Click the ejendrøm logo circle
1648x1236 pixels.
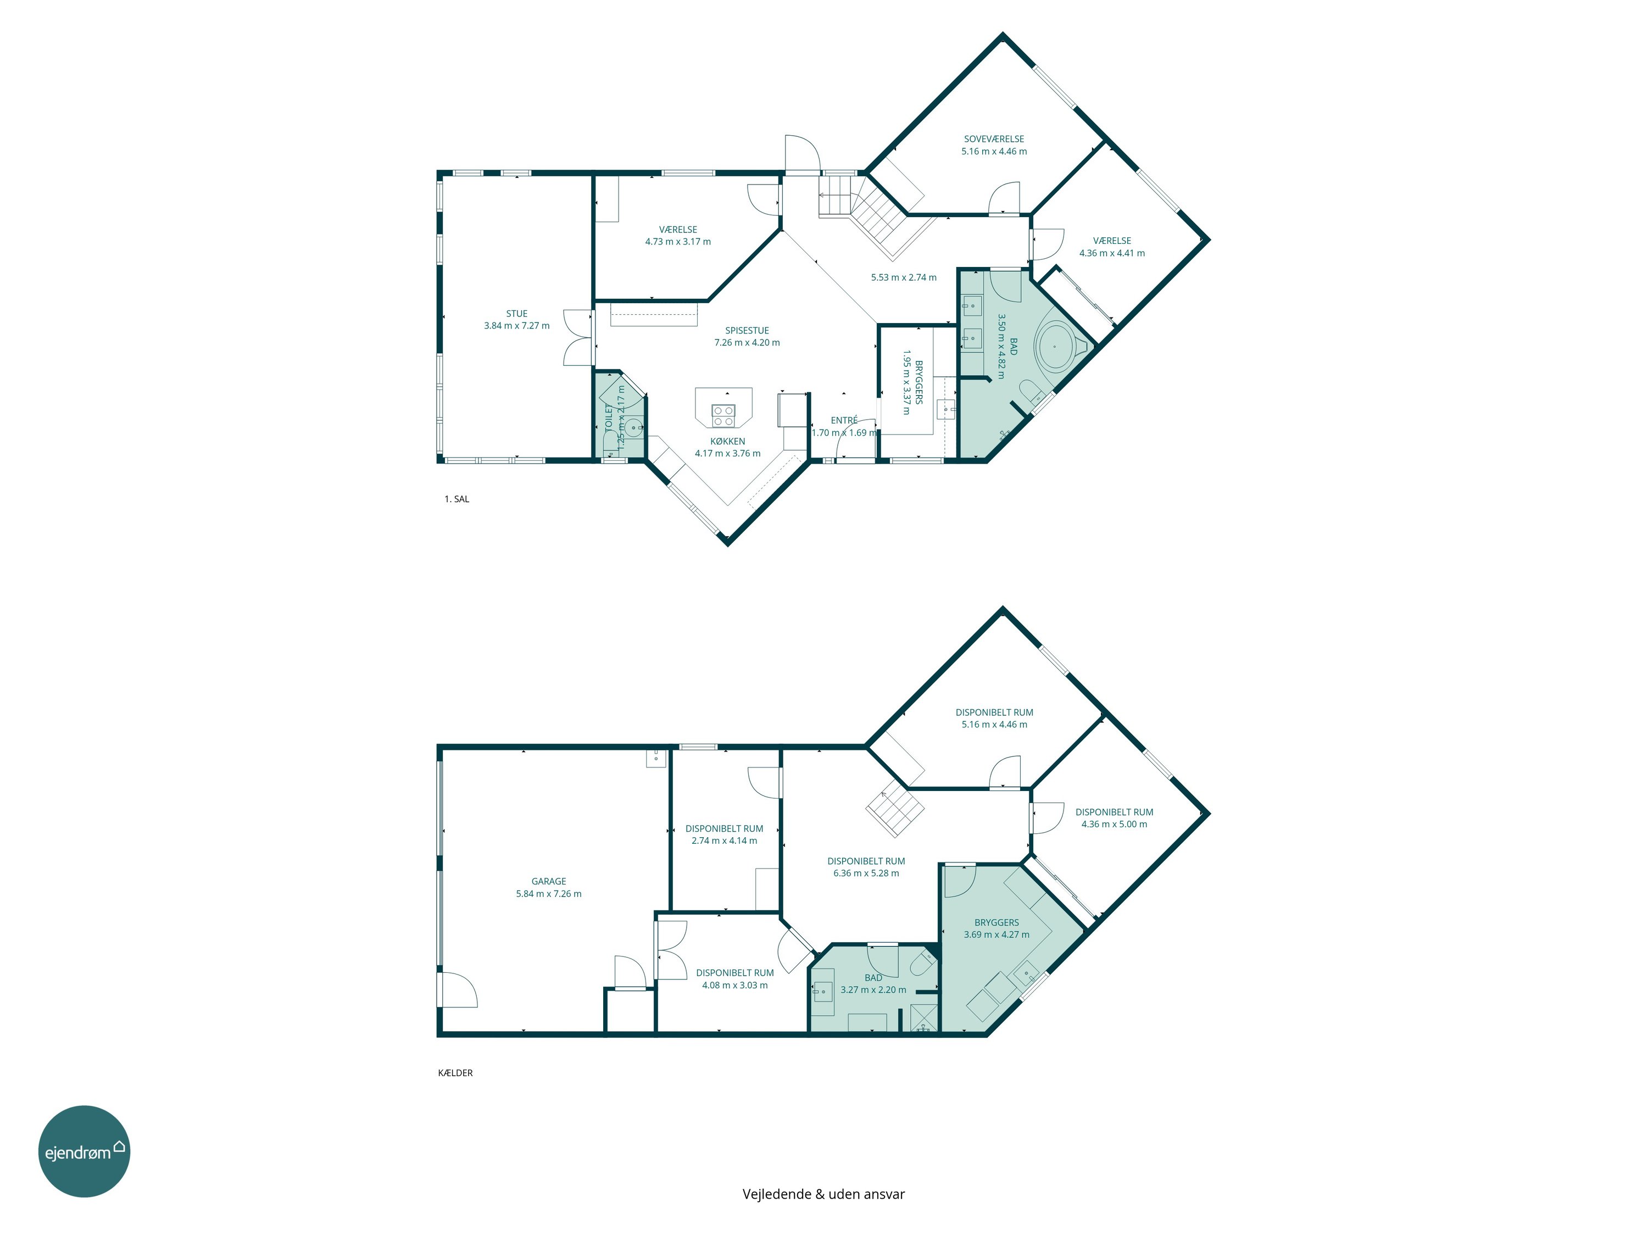pos(84,1151)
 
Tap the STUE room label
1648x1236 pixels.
pos(517,314)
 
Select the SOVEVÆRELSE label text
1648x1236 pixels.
pos(994,138)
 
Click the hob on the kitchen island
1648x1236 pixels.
pos(723,415)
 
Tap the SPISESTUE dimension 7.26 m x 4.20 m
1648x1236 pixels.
pos(747,343)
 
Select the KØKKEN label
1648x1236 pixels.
pos(728,441)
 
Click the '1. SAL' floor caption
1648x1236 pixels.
pos(456,499)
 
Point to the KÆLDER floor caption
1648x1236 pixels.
pos(455,1073)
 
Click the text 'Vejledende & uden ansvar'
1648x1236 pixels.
pos(823,1194)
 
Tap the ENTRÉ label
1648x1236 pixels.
pos(844,420)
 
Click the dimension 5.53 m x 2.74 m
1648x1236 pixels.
pos(904,277)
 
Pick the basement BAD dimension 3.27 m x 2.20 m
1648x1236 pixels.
pos(873,990)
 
